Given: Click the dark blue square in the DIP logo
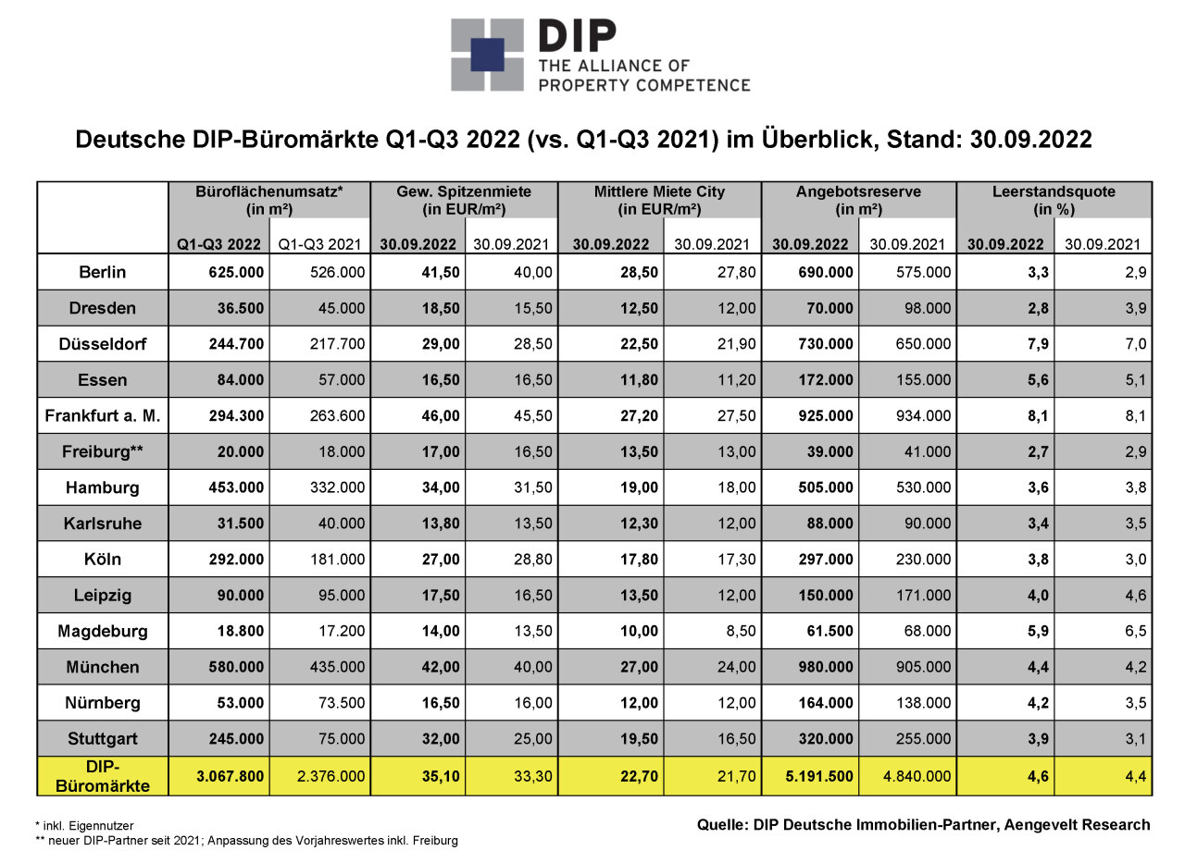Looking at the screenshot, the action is (x=487, y=55).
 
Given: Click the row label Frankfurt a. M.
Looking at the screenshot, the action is (x=103, y=416).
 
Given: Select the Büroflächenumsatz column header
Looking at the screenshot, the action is (x=269, y=201).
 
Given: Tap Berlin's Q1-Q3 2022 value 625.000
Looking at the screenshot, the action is (x=236, y=272).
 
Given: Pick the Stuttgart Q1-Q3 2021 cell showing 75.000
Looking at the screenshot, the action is (x=342, y=739).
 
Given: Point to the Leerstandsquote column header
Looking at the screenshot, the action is (x=1054, y=201).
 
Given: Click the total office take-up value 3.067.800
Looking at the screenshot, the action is (x=231, y=776).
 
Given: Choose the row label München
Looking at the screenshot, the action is (x=103, y=667).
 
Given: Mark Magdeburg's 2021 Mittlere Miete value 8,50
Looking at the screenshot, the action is (x=741, y=631).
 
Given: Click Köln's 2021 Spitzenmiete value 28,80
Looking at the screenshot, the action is (x=532, y=559).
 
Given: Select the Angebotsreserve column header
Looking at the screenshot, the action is (x=858, y=201).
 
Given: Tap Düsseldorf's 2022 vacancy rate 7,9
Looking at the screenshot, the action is (x=1038, y=344).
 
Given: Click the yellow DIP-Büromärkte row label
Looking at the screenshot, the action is (x=103, y=776).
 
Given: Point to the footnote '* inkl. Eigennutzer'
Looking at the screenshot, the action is (x=84, y=826).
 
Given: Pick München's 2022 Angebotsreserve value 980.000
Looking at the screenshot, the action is (x=826, y=667).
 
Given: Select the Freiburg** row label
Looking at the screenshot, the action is (x=103, y=451).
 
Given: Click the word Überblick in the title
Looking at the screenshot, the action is (x=820, y=140).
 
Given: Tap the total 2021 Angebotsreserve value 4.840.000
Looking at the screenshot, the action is (x=917, y=776).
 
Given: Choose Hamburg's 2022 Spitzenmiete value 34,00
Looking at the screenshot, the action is (x=441, y=487).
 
